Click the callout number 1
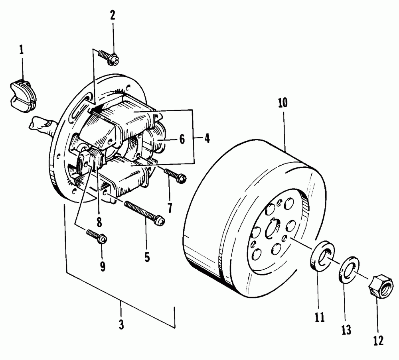pyautogui.click(x=21, y=50)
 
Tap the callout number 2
pyautogui.click(x=113, y=16)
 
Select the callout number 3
pyautogui.click(x=121, y=325)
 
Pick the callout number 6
pyautogui.click(x=182, y=139)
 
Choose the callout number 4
pyautogui.click(x=207, y=139)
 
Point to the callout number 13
pyautogui.click(x=346, y=330)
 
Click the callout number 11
pyautogui.click(x=319, y=317)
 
